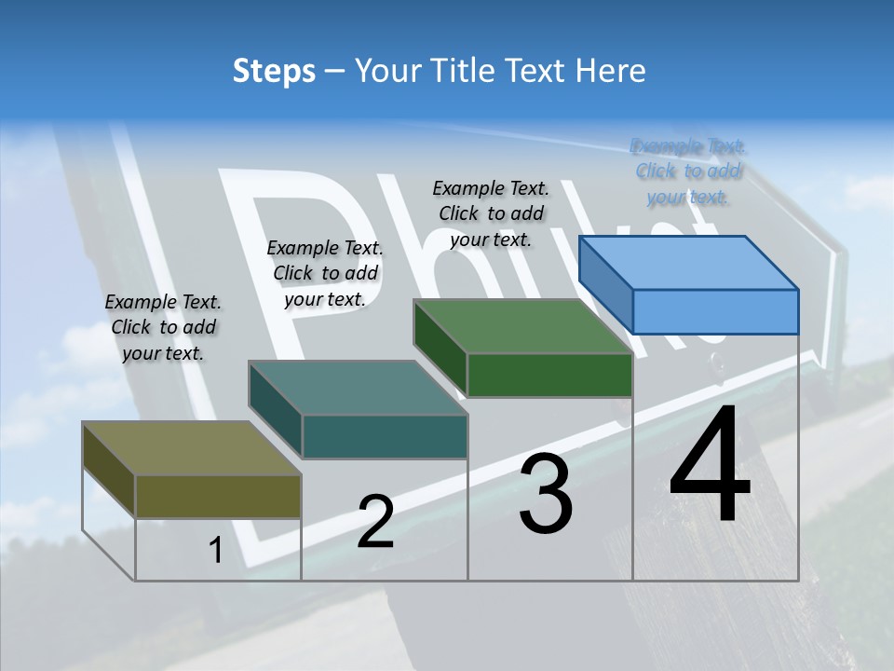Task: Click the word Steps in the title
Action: point(274,71)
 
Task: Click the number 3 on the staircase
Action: point(545,494)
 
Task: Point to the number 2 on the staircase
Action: point(375,522)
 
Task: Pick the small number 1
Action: point(216,551)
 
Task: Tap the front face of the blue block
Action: point(715,311)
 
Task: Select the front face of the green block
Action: point(549,375)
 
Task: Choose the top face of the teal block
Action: point(358,388)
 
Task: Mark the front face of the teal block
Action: point(384,436)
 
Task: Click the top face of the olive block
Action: point(192,448)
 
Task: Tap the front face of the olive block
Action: point(218,496)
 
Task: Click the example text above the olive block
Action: point(163,327)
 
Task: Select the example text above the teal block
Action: point(325,273)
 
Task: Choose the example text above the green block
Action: point(491,213)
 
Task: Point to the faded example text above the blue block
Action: point(688,171)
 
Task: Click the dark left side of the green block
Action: point(440,347)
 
